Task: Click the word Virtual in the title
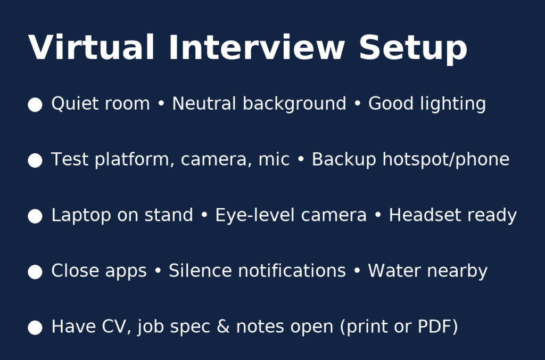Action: pos(91,47)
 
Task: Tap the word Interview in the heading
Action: pos(257,47)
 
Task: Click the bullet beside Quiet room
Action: pos(35,105)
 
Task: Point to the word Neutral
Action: pos(204,104)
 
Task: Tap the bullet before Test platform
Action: pos(35,160)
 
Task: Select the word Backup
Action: pos(344,160)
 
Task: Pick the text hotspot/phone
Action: pos(446,160)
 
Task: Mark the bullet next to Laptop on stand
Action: pos(35,216)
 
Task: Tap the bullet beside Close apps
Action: pos(35,272)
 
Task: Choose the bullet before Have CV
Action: pos(35,328)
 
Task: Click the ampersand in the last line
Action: pos(223,326)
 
